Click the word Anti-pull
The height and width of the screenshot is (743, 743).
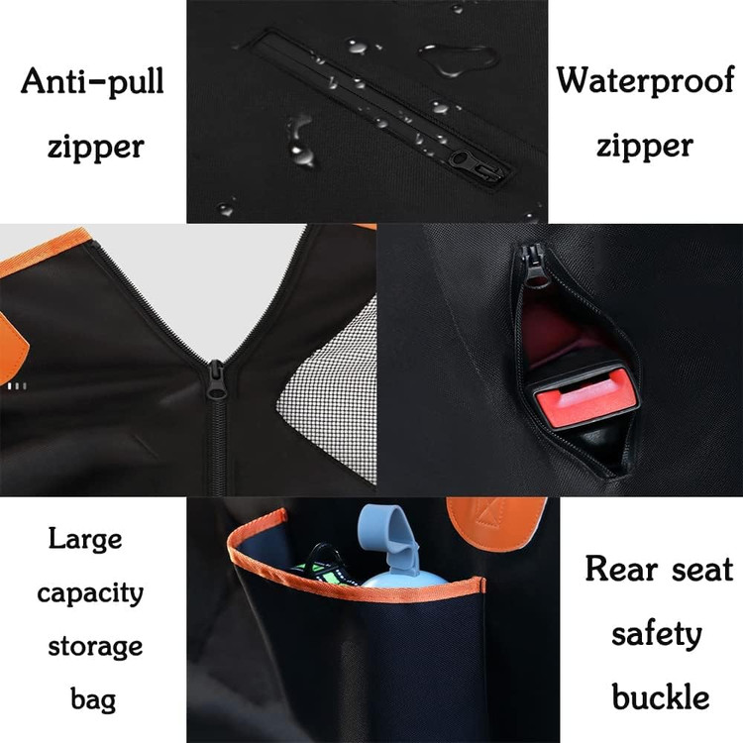(92, 82)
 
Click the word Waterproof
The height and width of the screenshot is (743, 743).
(645, 81)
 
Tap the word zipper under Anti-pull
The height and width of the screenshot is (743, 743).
(96, 148)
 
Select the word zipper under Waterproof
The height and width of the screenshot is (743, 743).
(645, 147)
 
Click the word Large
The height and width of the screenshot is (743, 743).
(85, 540)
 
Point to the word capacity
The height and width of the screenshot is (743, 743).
(90, 593)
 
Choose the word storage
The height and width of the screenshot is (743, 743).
(95, 647)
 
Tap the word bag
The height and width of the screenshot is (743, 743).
(93, 700)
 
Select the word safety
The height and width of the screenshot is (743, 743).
(656, 634)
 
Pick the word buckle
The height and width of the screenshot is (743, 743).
(661, 696)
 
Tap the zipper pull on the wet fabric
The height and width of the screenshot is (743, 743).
(478, 165)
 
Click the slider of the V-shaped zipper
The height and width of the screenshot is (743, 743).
(216, 380)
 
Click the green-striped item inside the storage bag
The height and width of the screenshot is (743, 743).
(322, 567)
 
